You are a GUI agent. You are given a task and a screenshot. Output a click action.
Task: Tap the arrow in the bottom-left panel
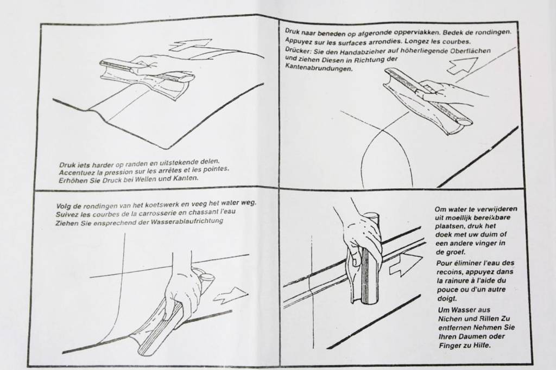click(x=231, y=295)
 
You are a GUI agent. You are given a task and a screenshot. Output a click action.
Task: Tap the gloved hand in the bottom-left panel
click(x=182, y=293)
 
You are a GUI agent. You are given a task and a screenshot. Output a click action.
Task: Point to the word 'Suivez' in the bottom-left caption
click(x=69, y=214)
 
